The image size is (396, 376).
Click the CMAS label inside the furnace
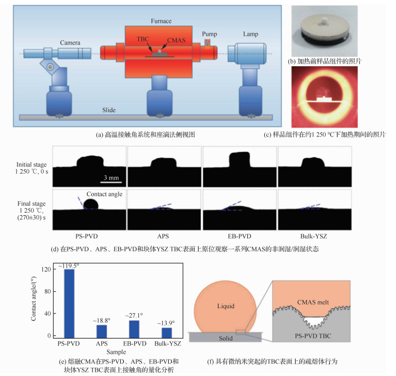tap(176, 39)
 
